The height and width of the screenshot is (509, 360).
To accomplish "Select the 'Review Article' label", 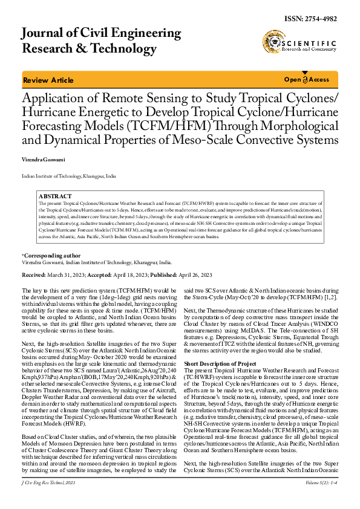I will pos(48,80).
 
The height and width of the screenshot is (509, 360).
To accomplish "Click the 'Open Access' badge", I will pos(307,80).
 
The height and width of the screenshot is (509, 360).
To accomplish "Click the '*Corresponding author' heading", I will pos(51,256).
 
